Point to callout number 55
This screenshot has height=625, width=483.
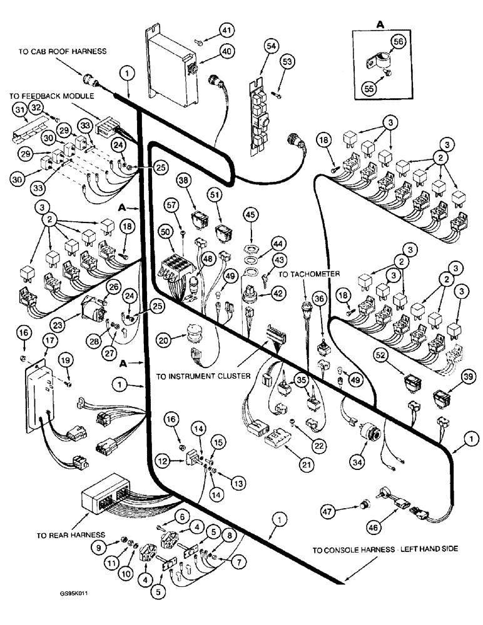(369, 89)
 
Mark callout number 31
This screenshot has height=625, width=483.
(21, 110)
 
